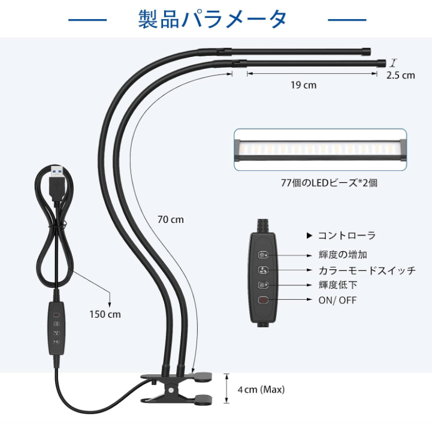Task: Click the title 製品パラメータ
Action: [x=212, y=19]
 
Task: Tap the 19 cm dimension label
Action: [x=303, y=85]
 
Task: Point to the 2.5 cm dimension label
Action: [x=401, y=76]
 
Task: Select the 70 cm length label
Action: [x=171, y=219]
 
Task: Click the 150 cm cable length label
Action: [x=105, y=314]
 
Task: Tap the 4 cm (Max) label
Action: [x=261, y=390]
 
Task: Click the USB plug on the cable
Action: [x=57, y=183]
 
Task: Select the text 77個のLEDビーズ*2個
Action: [x=329, y=183]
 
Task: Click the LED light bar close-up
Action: [x=320, y=150]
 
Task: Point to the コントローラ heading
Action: [x=346, y=236]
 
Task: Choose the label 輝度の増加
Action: [x=343, y=255]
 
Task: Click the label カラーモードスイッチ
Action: [x=367, y=270]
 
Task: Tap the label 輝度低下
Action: [x=338, y=285]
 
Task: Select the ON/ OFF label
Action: [x=337, y=300]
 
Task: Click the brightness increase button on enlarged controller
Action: [x=263, y=255]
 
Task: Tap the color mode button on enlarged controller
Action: [x=263, y=270]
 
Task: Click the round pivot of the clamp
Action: [x=171, y=391]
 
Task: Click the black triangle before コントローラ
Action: [x=309, y=236]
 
